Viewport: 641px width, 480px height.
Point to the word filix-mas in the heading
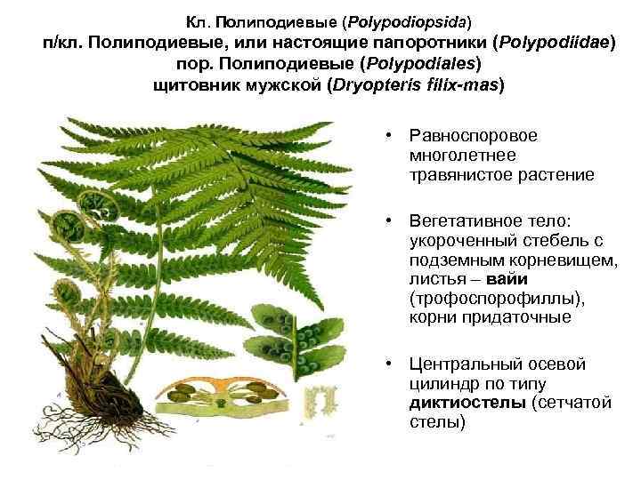[462, 86]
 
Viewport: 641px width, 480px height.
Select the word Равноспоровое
[472, 136]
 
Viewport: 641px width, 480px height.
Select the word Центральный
[463, 364]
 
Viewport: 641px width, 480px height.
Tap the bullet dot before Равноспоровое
[389, 136]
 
